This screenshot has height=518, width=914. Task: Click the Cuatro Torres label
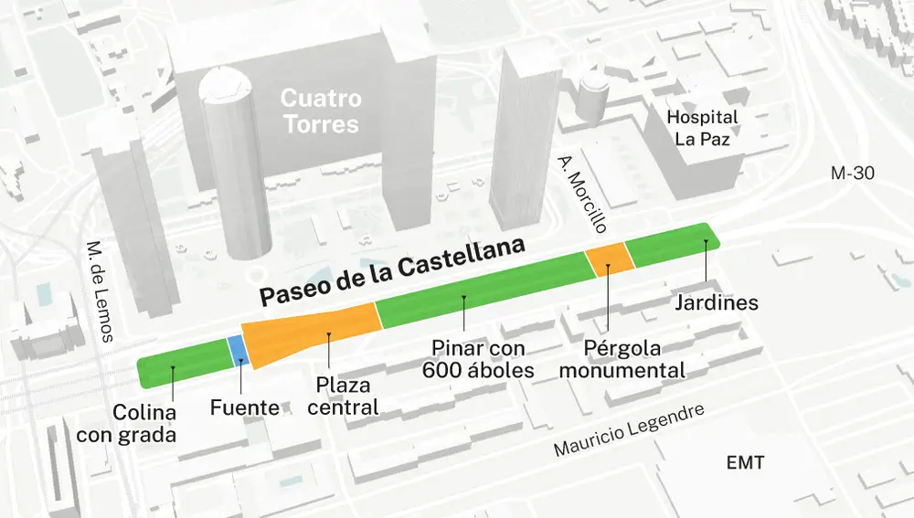[x=321, y=111]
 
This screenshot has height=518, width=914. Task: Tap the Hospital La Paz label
[x=702, y=128]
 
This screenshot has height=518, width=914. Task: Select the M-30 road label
[x=853, y=173]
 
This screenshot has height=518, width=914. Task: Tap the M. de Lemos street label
[x=99, y=291]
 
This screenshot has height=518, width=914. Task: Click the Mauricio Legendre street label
[x=631, y=431]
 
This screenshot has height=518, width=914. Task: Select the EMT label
[x=745, y=462]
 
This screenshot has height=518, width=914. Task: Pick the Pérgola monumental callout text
[x=622, y=360]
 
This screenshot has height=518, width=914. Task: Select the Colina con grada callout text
[x=126, y=424]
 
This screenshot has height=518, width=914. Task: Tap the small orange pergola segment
[x=609, y=258]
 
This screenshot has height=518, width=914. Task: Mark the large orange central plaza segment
[x=315, y=333]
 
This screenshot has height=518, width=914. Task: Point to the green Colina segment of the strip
[x=183, y=365]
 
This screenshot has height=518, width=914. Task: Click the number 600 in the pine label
[x=441, y=370]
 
